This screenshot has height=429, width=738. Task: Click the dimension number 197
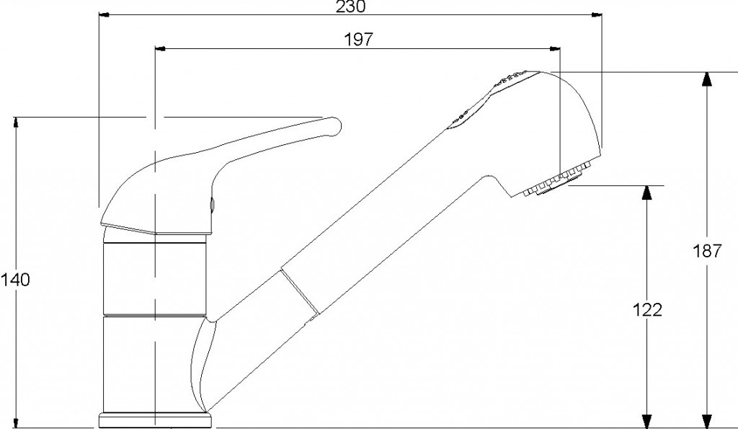pos(358,40)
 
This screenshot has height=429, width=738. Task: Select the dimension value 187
pos(706,251)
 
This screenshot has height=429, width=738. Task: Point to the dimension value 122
pos(646,309)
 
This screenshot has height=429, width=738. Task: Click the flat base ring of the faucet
pos(155,420)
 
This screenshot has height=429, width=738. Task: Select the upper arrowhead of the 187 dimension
pos(706,79)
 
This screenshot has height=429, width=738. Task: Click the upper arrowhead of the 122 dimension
pos(647,193)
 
